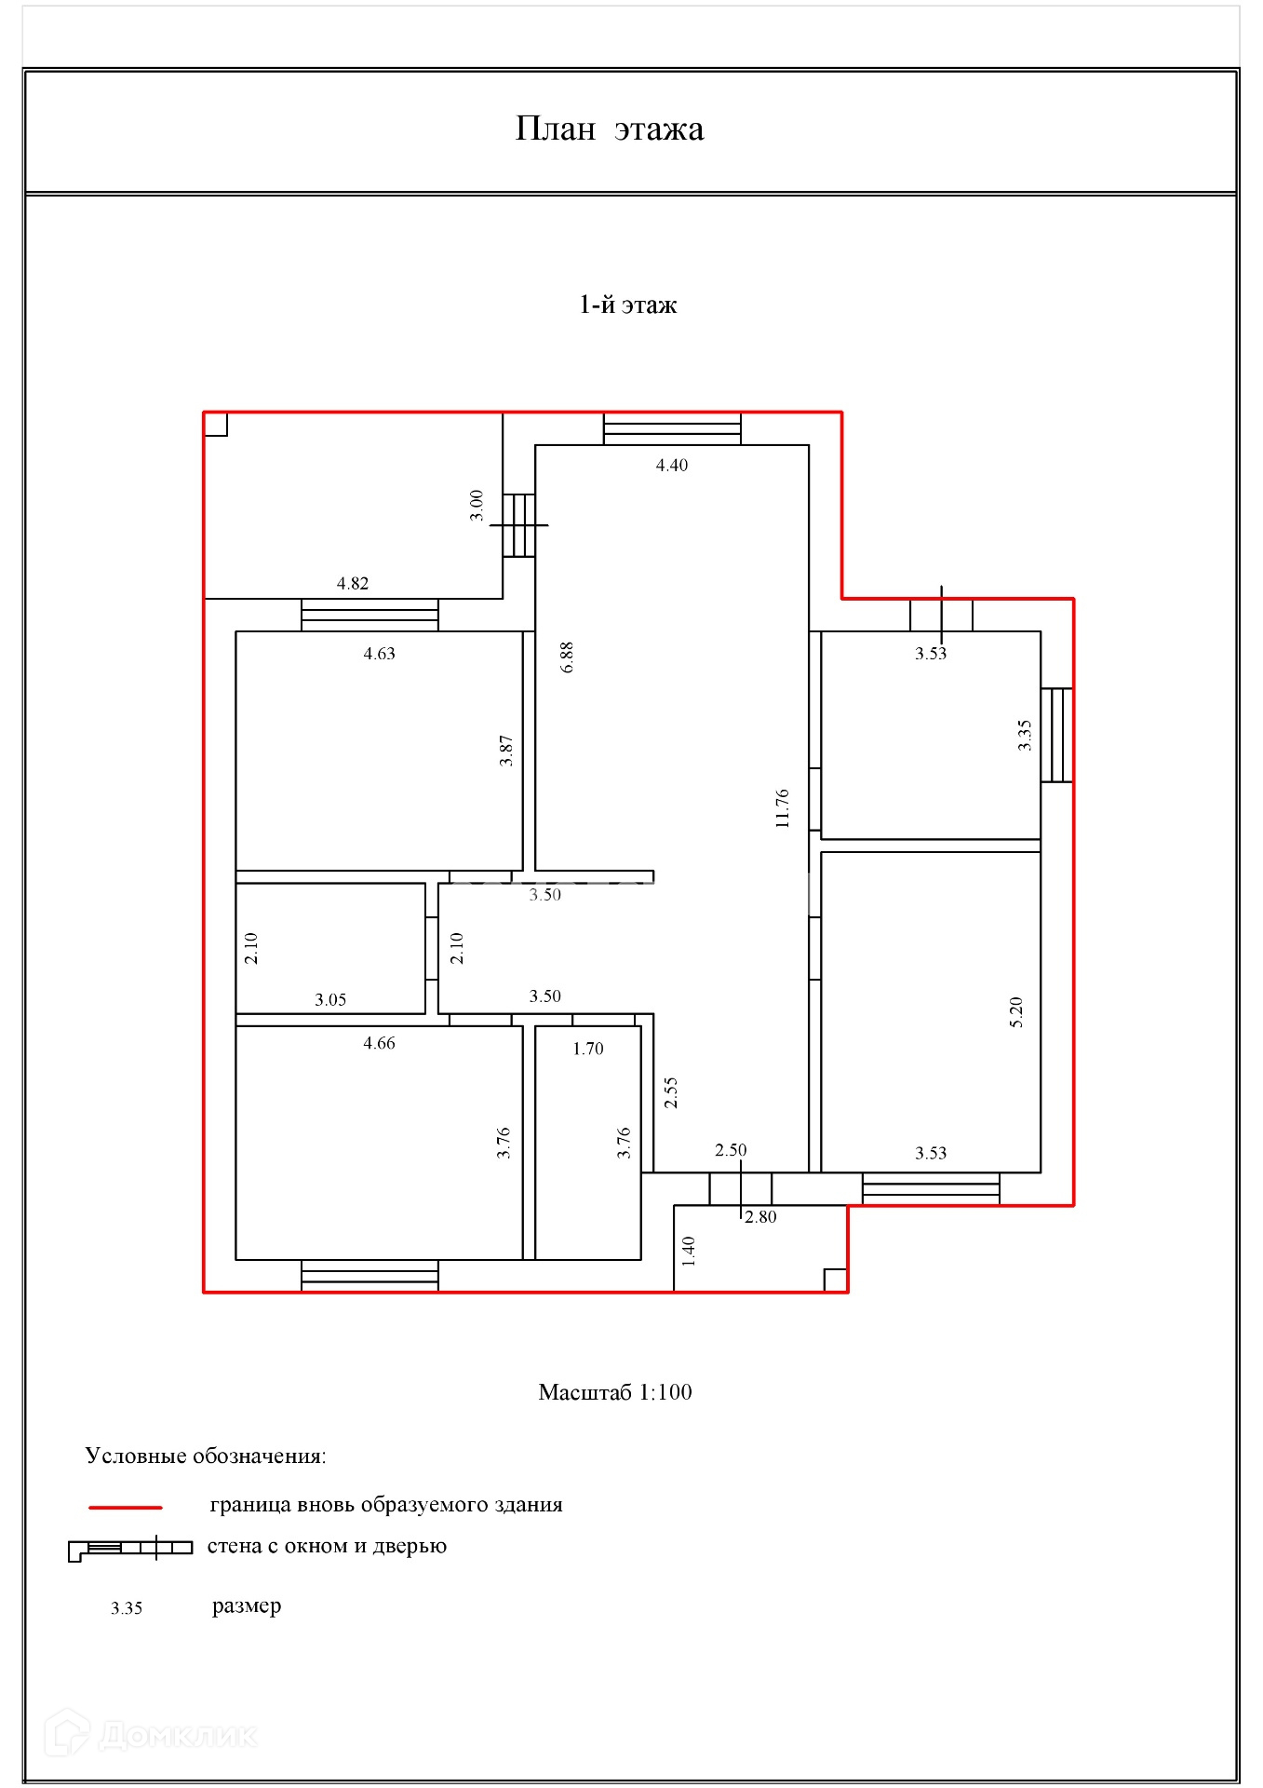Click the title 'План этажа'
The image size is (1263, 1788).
610,129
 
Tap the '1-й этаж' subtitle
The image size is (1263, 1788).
628,305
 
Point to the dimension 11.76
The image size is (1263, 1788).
782,808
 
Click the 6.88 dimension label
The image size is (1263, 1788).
567,657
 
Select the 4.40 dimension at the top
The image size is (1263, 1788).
671,466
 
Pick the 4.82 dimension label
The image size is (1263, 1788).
352,584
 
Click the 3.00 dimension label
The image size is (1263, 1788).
477,506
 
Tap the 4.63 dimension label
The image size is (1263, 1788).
379,654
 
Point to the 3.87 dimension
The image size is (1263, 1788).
506,751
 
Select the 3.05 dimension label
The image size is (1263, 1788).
330,1000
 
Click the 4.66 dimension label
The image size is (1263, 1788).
379,1044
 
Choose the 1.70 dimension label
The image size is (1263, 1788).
587,1050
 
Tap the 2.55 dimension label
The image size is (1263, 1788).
670,1093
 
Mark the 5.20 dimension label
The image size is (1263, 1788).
1015,1012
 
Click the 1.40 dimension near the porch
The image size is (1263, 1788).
689,1252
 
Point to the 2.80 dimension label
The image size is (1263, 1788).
759,1217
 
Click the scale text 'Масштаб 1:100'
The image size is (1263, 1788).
615,1392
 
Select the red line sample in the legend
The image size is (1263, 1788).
126,1507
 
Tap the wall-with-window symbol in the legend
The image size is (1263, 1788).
130,1548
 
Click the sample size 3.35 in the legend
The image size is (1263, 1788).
127,1608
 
